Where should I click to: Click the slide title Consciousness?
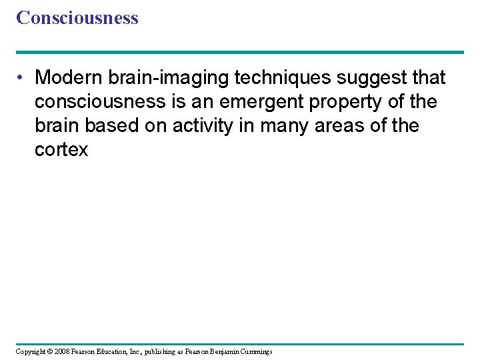coord(77,18)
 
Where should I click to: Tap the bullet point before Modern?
coord(22,78)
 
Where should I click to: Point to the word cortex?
coord(61,150)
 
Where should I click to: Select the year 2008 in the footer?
coord(61,351)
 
